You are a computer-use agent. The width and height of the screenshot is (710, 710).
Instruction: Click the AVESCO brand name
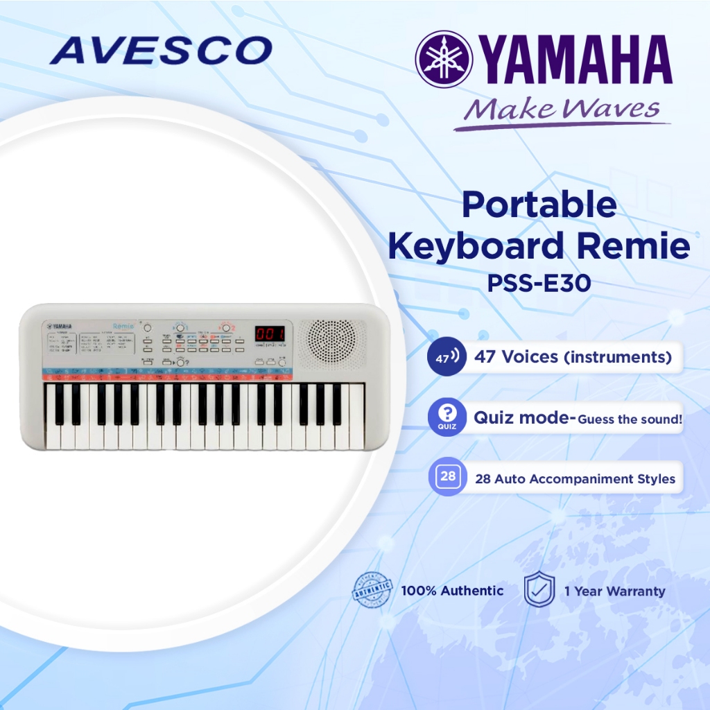[162, 51]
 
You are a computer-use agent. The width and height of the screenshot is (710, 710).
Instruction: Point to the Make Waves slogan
[562, 110]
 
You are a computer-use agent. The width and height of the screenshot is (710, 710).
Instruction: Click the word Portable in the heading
[539, 205]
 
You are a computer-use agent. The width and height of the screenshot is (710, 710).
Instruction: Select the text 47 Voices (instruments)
[573, 358]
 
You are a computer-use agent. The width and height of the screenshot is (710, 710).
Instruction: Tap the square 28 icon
[448, 476]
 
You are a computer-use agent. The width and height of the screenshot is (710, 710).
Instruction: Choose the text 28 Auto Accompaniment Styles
[575, 478]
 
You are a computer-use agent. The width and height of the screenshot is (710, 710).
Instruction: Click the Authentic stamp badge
[372, 590]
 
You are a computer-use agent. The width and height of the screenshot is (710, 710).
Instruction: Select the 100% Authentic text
[452, 591]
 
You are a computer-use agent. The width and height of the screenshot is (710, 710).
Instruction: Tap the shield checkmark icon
[538, 590]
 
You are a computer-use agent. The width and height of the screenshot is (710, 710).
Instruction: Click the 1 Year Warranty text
[614, 591]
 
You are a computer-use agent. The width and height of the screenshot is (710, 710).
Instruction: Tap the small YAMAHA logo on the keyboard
[61, 325]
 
